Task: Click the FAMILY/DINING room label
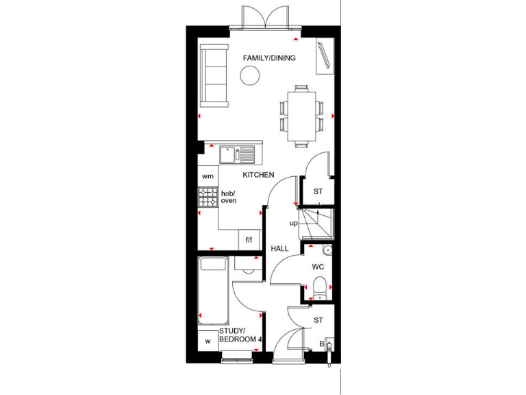(x=269, y=58)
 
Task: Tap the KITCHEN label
(x=258, y=175)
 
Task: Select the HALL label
(x=279, y=248)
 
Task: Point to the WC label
(x=318, y=266)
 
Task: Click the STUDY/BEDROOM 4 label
(x=240, y=335)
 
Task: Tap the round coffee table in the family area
(x=250, y=77)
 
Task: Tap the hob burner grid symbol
(x=208, y=197)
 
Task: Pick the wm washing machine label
(x=208, y=176)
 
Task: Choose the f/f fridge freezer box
(x=249, y=240)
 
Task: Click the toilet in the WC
(x=319, y=287)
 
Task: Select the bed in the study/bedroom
(x=213, y=291)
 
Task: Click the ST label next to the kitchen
(x=318, y=191)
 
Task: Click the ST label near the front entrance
(x=318, y=319)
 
